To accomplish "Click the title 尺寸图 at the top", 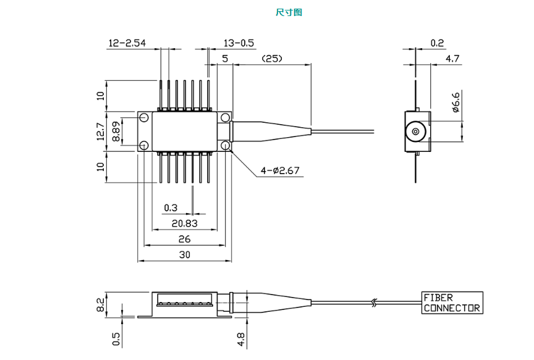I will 289,12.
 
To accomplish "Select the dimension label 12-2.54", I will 127,43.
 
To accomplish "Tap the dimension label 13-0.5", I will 239,43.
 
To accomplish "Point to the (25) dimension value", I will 271,59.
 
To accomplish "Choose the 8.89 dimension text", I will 116,131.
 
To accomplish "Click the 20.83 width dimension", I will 185,223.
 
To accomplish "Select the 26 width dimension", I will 184,239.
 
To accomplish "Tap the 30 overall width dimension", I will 184,254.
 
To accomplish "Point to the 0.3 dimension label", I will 170,207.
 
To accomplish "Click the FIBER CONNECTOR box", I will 452,303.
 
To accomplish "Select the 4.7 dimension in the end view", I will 452,59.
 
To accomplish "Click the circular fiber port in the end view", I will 415,132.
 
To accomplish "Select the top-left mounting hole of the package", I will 143,117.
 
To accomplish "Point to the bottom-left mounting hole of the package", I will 143,146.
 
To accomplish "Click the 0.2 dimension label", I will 437,43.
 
